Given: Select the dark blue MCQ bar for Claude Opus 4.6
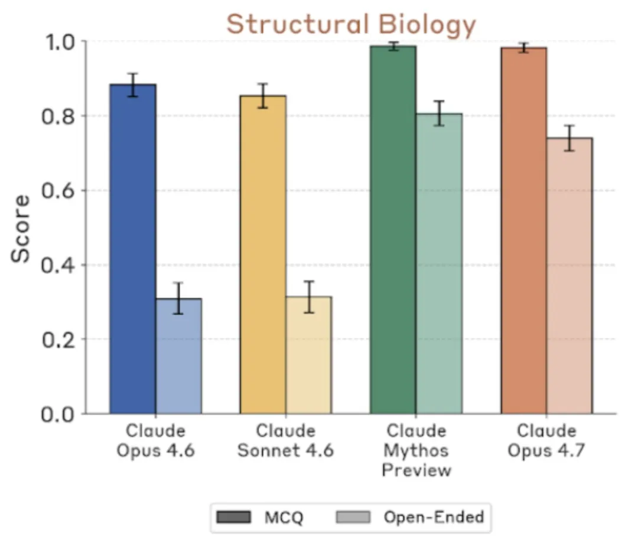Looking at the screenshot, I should [133, 248].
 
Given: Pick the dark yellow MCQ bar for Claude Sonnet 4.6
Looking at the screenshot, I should [263, 254].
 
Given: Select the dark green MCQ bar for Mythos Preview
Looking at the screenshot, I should [393, 230].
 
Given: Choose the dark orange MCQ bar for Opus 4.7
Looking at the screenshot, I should [524, 230].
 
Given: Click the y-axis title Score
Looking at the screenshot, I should [22, 227].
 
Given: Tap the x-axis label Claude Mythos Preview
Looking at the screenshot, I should [416, 450].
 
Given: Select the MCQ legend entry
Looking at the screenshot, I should [261, 518].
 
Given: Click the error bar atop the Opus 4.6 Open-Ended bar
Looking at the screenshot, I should [178, 298].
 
